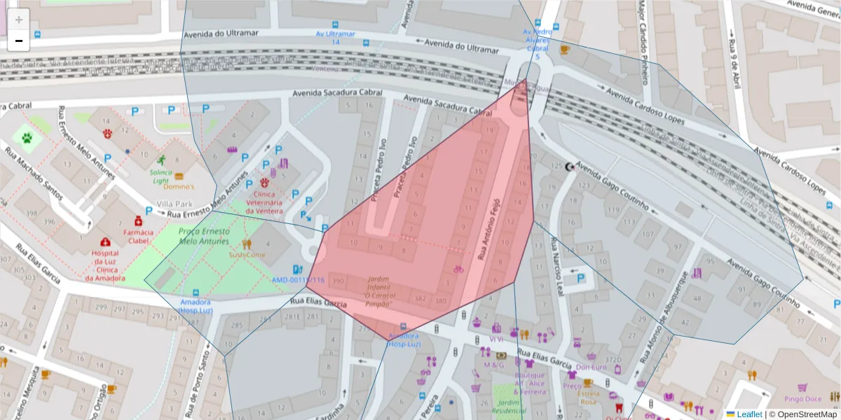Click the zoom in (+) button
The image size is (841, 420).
pyautogui.click(x=19, y=20)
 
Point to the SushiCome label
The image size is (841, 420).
pyautogui.click(x=247, y=255)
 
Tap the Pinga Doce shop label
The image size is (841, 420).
pyautogui.click(x=803, y=399)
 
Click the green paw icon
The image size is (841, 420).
pyautogui.click(x=27, y=138)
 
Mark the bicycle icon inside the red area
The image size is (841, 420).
pyautogui.click(x=458, y=269)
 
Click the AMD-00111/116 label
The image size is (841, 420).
pyautogui.click(x=308, y=280)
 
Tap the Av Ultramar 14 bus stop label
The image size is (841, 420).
pyautogui.click(x=335, y=38)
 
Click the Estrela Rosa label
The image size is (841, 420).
pyautogui.click(x=588, y=398)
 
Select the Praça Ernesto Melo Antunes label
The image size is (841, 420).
pyautogui.click(x=204, y=237)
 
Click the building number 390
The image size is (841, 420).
pyautogui.click(x=339, y=281)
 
